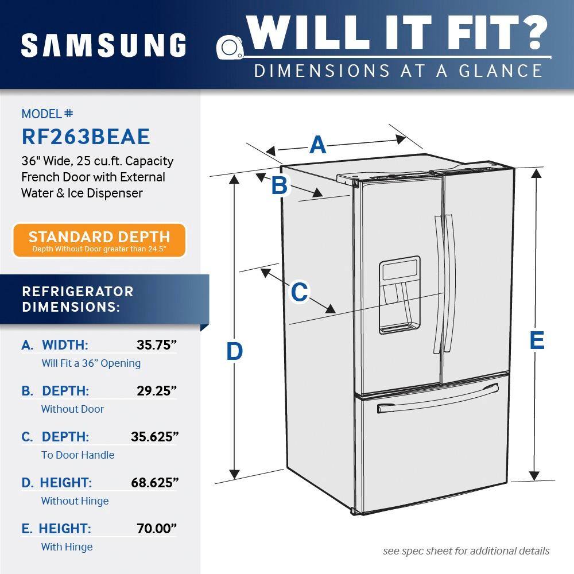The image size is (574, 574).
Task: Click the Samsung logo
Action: pyautogui.click(x=103, y=45)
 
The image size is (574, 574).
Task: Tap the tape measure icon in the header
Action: pyautogui.click(x=231, y=45)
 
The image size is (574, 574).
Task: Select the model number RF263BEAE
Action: pyautogui.click(x=86, y=137)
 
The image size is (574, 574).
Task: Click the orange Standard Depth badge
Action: pyautogui.click(x=99, y=240)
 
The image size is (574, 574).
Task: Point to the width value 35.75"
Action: pyautogui.click(x=156, y=345)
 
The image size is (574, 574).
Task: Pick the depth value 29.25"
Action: pyautogui.click(x=156, y=391)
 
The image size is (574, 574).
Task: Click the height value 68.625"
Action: pyautogui.click(x=154, y=483)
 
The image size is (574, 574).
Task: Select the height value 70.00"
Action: pyautogui.click(x=156, y=529)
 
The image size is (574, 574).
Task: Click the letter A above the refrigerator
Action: pyautogui.click(x=318, y=145)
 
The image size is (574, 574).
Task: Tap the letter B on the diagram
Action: pyautogui.click(x=279, y=185)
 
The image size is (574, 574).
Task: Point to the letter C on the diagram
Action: pyautogui.click(x=299, y=292)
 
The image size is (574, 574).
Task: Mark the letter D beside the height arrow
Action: pyautogui.click(x=234, y=351)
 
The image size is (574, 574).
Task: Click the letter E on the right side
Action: pyautogui.click(x=536, y=340)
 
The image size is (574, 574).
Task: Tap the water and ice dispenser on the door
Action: pyautogui.click(x=399, y=295)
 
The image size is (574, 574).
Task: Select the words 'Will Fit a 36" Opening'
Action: pyautogui.click(x=91, y=363)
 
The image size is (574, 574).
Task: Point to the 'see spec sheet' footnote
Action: pyautogui.click(x=466, y=551)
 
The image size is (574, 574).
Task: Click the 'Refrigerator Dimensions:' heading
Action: pyautogui.click(x=77, y=299)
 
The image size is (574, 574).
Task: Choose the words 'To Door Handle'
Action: pyautogui.click(x=77, y=455)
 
